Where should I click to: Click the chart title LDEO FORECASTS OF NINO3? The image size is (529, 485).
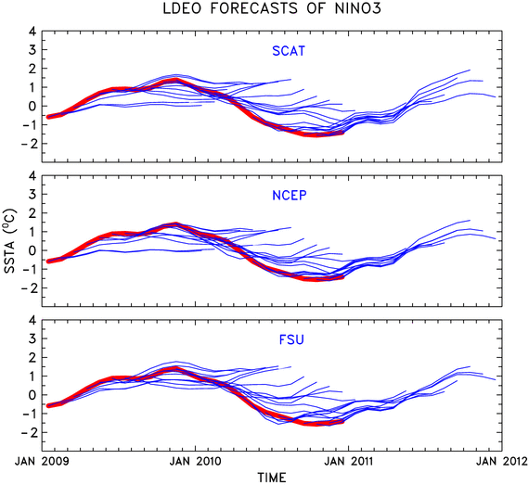[x=272, y=8]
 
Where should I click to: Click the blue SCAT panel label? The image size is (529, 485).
[x=289, y=51]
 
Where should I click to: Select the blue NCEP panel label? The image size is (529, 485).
[x=290, y=195]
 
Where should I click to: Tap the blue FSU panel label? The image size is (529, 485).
[x=291, y=339]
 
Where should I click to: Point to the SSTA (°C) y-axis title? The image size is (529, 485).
[x=10, y=241]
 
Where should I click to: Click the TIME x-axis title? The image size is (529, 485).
[x=272, y=478]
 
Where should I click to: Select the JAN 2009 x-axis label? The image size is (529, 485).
[x=42, y=461]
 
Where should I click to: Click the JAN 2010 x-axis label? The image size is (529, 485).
[x=195, y=461]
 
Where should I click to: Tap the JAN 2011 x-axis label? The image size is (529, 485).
[x=349, y=461]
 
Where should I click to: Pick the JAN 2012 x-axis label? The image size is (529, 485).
[x=502, y=461]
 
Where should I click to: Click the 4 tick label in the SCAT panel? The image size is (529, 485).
[x=32, y=32]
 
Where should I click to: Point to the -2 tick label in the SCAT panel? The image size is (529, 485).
[x=29, y=144]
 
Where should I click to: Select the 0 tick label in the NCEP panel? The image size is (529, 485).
[x=32, y=250]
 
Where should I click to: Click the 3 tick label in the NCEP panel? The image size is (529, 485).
[x=32, y=194]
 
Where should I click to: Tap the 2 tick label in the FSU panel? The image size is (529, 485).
[x=32, y=357]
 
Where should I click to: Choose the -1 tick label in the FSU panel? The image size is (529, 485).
[x=29, y=414]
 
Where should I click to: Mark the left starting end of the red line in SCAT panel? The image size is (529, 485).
[x=48, y=117]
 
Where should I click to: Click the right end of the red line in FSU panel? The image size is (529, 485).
[x=342, y=422]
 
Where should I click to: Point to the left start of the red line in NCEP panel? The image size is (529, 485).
[x=48, y=262]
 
